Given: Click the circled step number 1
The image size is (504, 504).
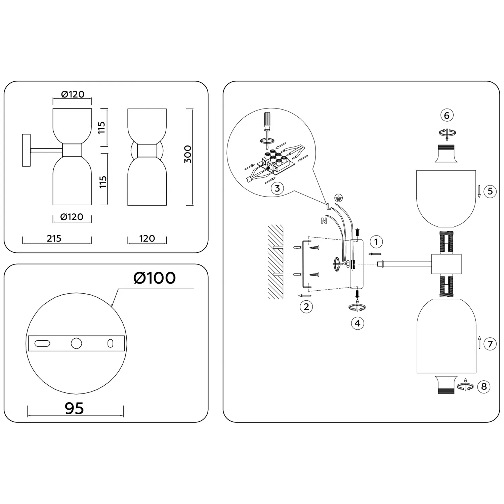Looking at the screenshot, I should click(x=376, y=242).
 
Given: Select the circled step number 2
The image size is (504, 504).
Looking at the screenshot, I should click(x=306, y=307).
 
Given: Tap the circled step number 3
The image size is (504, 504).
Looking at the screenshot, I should click(x=277, y=188).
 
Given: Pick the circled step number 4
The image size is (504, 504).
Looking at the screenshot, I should click(x=358, y=323).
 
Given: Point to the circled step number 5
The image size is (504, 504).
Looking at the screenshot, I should click(x=490, y=192).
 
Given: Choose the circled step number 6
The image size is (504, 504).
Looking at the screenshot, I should click(x=447, y=116).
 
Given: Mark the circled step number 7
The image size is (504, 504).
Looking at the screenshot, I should click(x=490, y=344).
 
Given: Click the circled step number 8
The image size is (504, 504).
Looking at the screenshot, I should click(x=484, y=386).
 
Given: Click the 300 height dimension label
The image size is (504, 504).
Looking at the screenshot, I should click(x=188, y=155).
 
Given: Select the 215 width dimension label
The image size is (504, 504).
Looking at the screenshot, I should click(x=54, y=239).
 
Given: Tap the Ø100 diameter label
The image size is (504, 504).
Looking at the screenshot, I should click(x=155, y=278).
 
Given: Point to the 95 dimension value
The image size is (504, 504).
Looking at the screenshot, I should click(x=74, y=408).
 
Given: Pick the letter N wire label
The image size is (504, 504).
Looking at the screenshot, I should click(x=324, y=221).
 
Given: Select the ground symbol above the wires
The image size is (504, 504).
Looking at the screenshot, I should click(x=339, y=198).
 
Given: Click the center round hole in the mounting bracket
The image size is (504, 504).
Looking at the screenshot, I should click(x=76, y=343).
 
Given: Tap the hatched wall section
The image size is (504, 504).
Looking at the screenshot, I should click(x=275, y=262).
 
